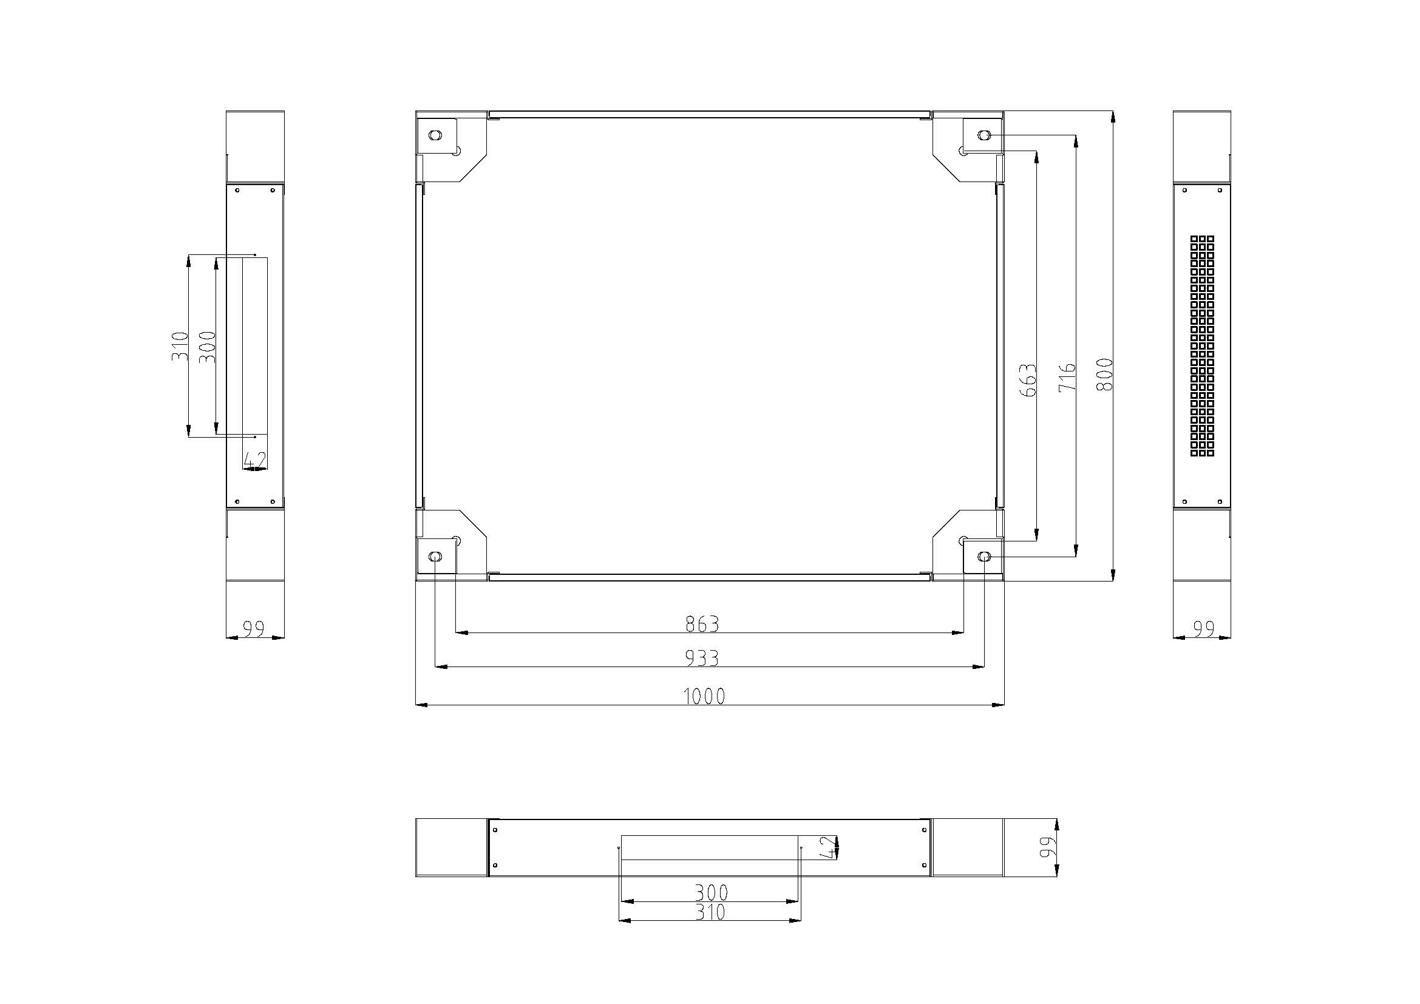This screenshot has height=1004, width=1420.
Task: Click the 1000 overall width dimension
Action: click(x=704, y=697)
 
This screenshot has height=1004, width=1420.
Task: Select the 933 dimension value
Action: click(x=702, y=659)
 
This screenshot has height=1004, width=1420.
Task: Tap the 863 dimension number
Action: click(x=702, y=625)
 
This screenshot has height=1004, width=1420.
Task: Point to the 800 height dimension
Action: click(x=1104, y=374)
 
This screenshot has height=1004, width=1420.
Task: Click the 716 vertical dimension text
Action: click(x=1067, y=377)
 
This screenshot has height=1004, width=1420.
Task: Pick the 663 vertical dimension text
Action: click(x=1027, y=380)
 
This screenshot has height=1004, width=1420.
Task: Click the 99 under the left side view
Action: click(x=254, y=629)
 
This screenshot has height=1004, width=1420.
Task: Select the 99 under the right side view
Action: click(x=1203, y=629)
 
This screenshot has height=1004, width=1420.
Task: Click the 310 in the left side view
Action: click(x=179, y=346)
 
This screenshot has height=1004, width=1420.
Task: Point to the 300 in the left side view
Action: click(x=208, y=346)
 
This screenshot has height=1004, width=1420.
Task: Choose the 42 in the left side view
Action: click(x=255, y=460)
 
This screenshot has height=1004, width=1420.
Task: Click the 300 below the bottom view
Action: click(x=712, y=893)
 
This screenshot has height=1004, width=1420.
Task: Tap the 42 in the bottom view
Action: click(x=827, y=847)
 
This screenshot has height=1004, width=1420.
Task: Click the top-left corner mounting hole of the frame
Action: click(x=435, y=135)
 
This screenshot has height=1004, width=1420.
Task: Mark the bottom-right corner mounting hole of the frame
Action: click(x=984, y=557)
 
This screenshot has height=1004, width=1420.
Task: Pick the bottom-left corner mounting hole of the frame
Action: click(x=435, y=557)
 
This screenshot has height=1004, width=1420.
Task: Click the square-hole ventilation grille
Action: click(x=1202, y=346)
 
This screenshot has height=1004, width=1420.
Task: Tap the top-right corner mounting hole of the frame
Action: click(x=984, y=135)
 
